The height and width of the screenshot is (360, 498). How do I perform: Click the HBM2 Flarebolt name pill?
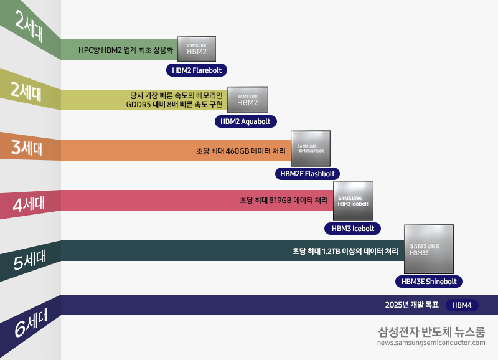[x=197, y=70]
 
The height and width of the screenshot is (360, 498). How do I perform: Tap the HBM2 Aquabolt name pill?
[x=245, y=121]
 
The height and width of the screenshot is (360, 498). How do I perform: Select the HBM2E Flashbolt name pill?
[x=308, y=174]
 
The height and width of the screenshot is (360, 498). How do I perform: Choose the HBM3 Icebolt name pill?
[x=353, y=229]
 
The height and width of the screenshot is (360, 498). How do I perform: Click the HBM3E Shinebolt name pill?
[x=429, y=282]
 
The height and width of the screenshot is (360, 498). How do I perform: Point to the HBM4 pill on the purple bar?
[x=462, y=305]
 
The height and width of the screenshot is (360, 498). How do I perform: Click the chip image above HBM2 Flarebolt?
[x=197, y=49]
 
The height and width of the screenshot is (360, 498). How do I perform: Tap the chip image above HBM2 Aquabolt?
[x=247, y=100]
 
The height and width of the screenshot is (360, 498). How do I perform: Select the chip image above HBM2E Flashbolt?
[x=310, y=148]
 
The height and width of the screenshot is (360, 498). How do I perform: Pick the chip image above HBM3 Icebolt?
[x=353, y=201]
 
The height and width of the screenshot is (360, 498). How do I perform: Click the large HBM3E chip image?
[x=429, y=249]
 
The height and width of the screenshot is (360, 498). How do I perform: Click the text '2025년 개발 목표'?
[x=412, y=305]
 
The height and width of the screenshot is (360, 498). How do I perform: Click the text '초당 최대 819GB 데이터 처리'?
[x=283, y=201]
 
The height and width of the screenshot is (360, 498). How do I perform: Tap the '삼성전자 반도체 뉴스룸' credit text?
[x=431, y=331]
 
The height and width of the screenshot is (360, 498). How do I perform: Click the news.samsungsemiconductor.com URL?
[x=431, y=343]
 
